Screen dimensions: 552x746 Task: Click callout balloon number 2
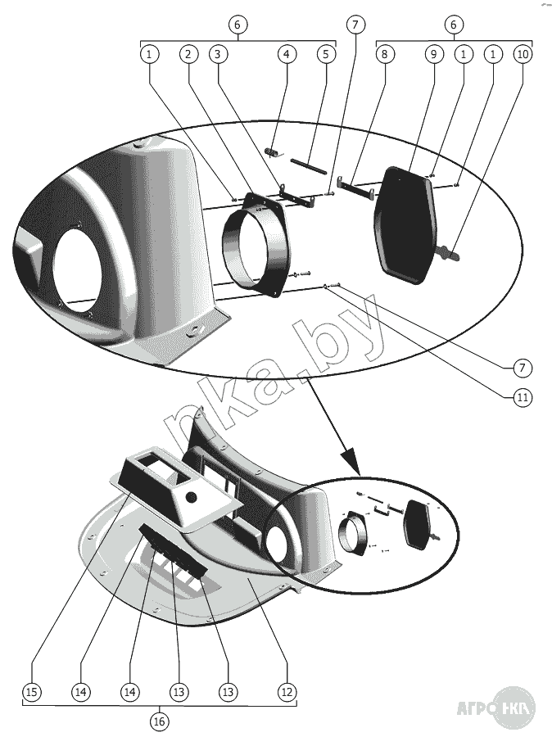tap(188, 55)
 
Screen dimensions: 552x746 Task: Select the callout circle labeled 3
tap(217, 55)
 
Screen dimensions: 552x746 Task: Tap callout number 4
tap(286, 55)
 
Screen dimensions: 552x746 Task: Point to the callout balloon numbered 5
tap(325, 55)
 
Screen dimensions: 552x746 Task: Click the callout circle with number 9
tap(433, 55)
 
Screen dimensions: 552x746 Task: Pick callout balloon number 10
tap(522, 55)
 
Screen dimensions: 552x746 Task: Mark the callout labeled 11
tap(522, 398)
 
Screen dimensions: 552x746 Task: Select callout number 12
tap(286, 692)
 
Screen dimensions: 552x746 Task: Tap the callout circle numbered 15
tap(31, 692)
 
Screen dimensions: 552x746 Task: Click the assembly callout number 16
tap(159, 721)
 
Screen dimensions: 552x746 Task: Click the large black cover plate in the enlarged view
tap(405, 221)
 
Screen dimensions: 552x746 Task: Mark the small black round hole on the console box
tap(192, 497)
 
